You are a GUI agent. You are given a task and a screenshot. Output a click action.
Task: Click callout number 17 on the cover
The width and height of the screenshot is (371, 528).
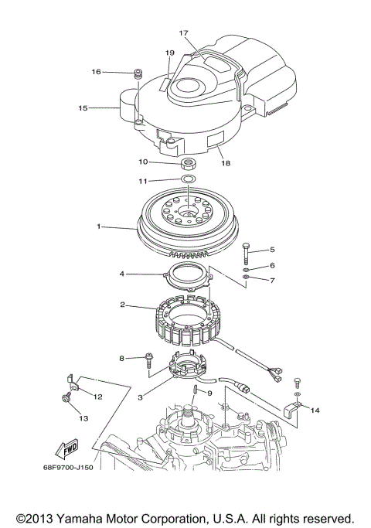(x=184, y=33)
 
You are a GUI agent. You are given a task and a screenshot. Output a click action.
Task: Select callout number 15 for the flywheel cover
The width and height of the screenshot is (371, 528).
(x=83, y=108)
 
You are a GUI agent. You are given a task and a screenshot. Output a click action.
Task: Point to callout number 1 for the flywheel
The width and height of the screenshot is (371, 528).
(x=99, y=227)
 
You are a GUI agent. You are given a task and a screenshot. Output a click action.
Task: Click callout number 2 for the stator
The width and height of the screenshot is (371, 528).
(x=122, y=305)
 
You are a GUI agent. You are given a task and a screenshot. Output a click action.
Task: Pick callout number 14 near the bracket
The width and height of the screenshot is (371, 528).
(x=314, y=412)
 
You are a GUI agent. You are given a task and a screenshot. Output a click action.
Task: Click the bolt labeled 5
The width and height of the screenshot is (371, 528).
(x=245, y=253)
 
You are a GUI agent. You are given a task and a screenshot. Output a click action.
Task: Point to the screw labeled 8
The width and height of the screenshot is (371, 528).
(x=146, y=359)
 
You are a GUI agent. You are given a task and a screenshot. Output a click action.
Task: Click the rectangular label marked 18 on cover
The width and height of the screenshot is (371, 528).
(x=214, y=141)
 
